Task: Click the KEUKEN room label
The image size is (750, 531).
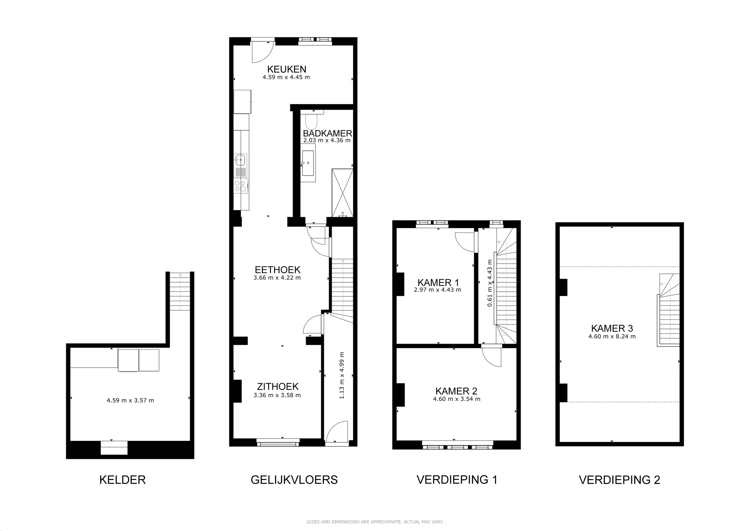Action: (x=286, y=69)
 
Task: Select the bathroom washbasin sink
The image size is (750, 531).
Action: (x=308, y=163)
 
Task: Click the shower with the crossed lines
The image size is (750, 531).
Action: (x=342, y=193)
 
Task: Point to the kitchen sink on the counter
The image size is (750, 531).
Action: (x=240, y=160)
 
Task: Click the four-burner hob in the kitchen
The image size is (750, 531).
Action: (x=240, y=186)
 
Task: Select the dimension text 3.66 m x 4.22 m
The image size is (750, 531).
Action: (x=277, y=278)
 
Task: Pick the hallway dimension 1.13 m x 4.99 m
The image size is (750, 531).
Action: (x=342, y=375)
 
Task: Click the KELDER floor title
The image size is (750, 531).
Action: (x=122, y=480)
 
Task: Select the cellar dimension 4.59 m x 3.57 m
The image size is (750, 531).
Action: (x=130, y=401)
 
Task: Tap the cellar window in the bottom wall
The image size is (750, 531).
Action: (x=114, y=448)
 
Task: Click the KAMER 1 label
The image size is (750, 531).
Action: (x=438, y=282)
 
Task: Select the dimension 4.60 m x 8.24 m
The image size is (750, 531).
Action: (x=612, y=336)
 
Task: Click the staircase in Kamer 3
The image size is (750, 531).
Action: (x=669, y=311)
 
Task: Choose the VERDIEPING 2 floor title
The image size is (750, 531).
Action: (x=619, y=480)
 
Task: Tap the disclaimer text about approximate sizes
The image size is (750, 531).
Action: (x=375, y=522)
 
